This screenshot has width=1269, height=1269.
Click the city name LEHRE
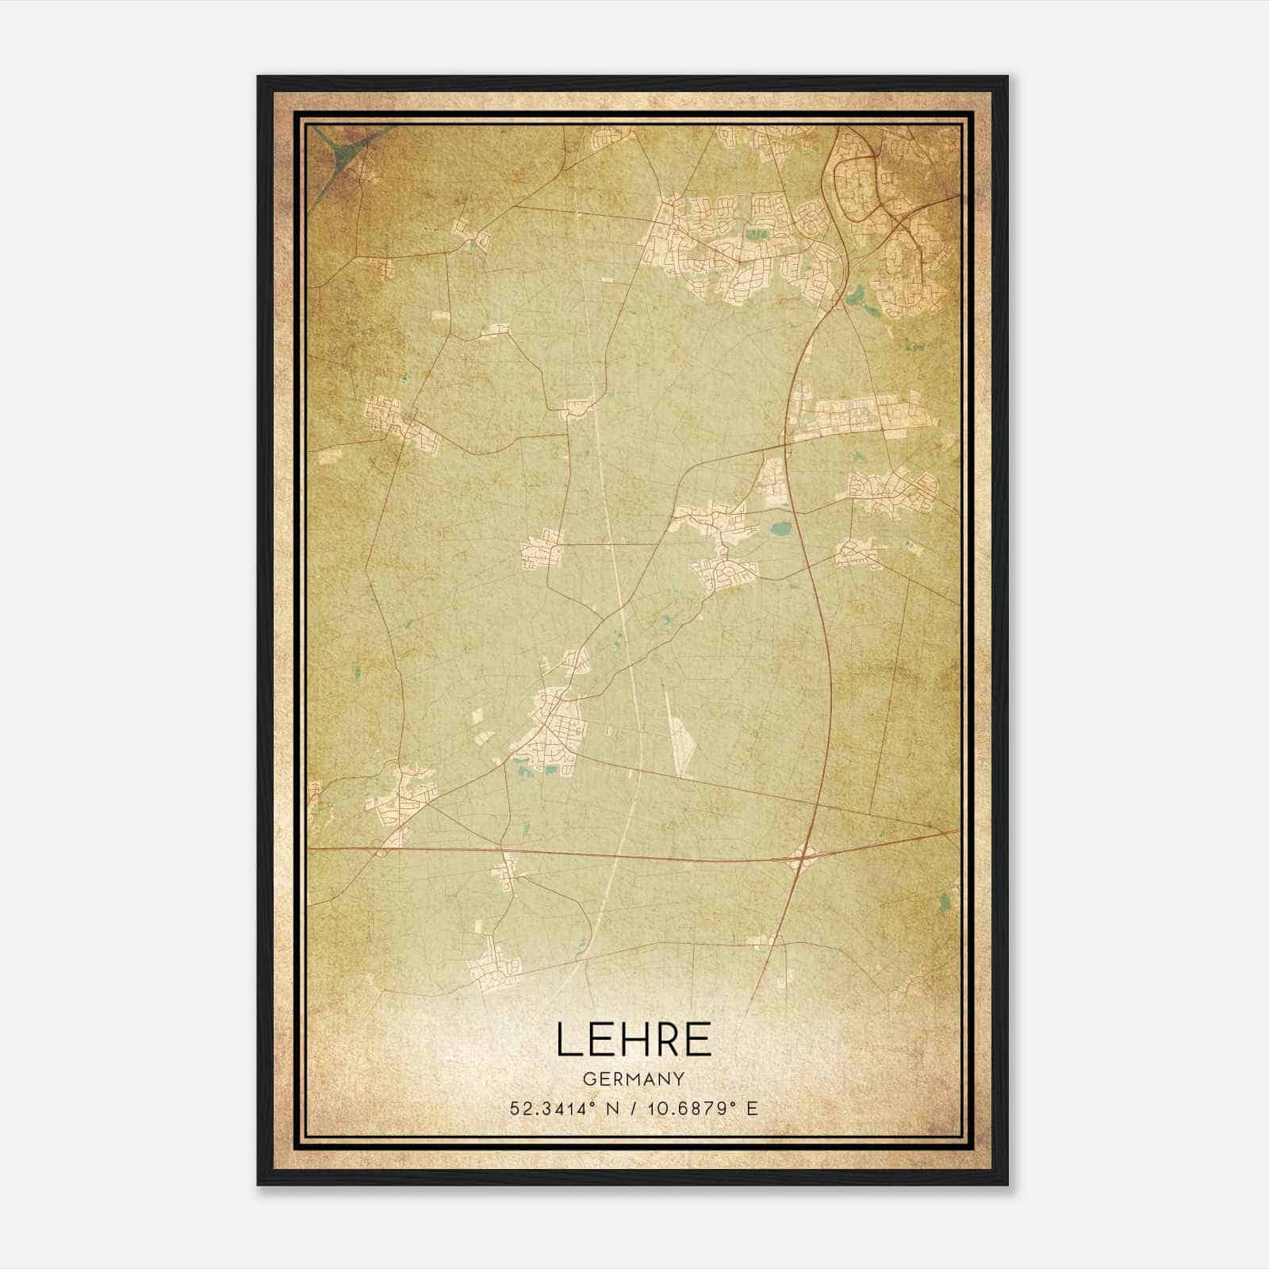(x=634, y=1039)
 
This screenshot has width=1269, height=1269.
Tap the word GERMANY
(x=634, y=1079)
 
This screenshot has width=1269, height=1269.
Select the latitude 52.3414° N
(x=562, y=1108)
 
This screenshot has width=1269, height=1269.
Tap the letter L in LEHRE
(x=568, y=1039)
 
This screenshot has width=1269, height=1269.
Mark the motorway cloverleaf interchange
(x=803, y=857)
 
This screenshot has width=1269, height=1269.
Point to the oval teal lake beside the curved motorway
(x=781, y=527)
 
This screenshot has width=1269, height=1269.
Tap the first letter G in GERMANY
(x=588, y=1079)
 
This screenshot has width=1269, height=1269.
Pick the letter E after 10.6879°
(x=752, y=1108)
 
